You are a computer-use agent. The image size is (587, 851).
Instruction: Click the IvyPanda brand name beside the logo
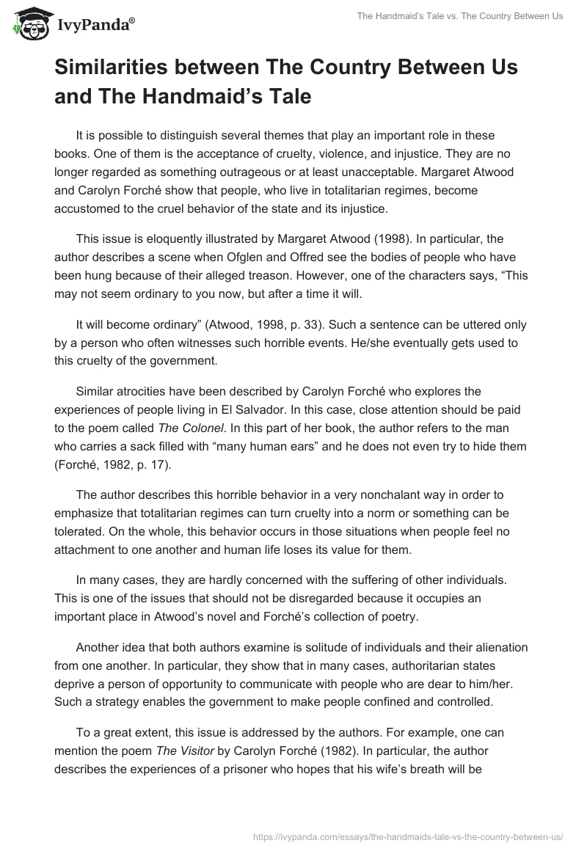tap(95, 25)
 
